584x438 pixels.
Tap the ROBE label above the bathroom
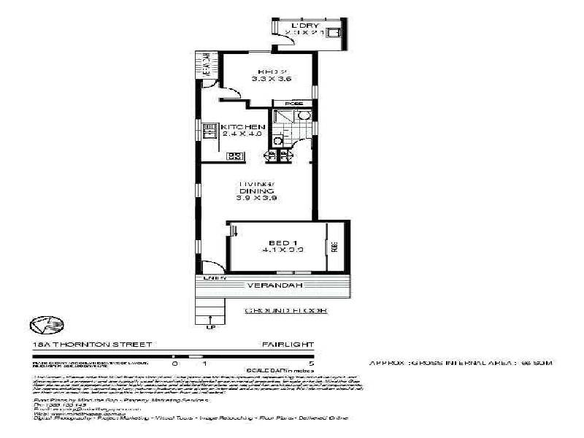[x=293, y=104]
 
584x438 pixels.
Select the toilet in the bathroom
[x=277, y=139]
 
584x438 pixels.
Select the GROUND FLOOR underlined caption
[x=285, y=310]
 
